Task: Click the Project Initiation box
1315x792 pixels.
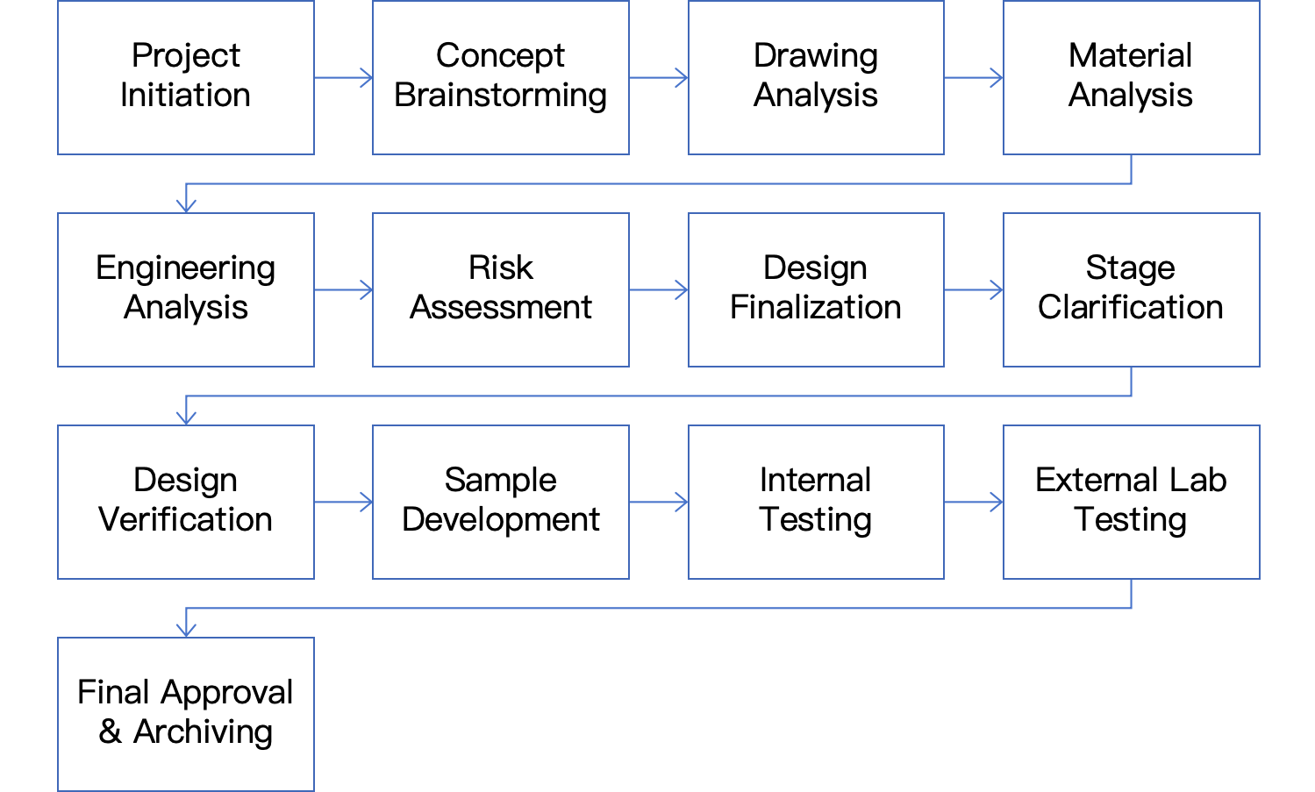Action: click(x=185, y=77)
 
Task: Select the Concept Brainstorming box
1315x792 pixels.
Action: click(x=501, y=77)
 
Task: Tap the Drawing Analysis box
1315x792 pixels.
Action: click(x=816, y=77)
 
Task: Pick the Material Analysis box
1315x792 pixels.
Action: click(x=1132, y=77)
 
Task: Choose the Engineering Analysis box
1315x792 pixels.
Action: click(x=185, y=290)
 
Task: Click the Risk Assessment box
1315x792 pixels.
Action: click(x=501, y=290)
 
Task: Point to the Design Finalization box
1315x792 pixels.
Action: click(x=816, y=290)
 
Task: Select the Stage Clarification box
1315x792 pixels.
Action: click(x=1132, y=290)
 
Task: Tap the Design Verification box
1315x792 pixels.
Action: click(x=185, y=502)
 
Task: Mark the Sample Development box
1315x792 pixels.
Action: click(x=501, y=502)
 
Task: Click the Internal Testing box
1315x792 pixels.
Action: click(x=816, y=502)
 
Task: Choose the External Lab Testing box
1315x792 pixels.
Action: click(x=1132, y=502)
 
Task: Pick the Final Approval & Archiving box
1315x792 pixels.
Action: click(x=185, y=714)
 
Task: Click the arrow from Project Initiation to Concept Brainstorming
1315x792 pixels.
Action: click(x=343, y=77)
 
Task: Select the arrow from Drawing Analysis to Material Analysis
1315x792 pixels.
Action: click(x=974, y=77)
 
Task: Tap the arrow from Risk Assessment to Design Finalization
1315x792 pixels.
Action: click(x=659, y=290)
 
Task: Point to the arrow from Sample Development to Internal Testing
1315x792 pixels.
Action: click(x=659, y=502)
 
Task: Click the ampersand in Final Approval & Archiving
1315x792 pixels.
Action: click(x=111, y=731)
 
